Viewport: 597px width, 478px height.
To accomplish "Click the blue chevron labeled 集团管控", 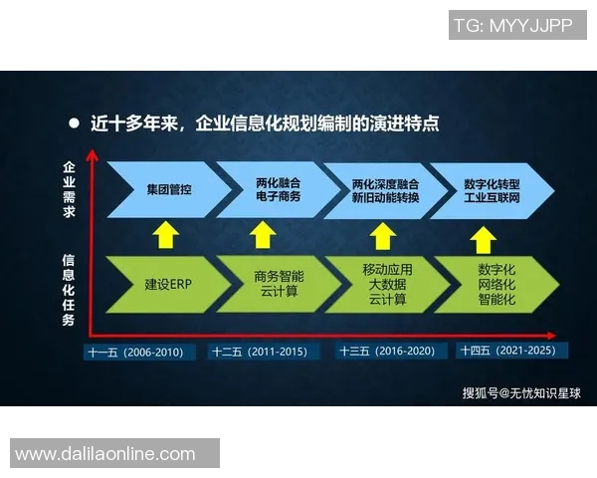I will (x=165, y=189).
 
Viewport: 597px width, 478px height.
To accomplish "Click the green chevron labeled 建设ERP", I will (x=165, y=284).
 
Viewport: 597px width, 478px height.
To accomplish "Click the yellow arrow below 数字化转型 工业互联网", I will (x=483, y=238).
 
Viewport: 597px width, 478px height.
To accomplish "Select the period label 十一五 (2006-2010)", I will (x=135, y=352).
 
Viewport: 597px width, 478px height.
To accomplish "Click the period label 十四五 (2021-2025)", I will (x=512, y=351).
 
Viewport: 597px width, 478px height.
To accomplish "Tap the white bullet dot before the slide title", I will (x=73, y=124).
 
